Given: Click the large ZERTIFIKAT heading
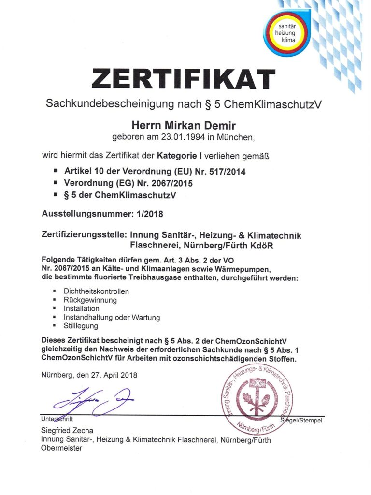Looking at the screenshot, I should (184, 79).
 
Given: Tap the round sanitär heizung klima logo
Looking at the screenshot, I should (288, 32).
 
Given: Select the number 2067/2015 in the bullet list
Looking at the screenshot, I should (170, 183).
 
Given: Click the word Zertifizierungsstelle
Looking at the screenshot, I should (85, 235).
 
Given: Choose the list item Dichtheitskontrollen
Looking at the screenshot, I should (96, 291).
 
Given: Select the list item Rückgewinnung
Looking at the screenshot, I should (90, 300).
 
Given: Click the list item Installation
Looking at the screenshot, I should (82, 308).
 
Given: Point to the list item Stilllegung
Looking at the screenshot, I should (81, 326).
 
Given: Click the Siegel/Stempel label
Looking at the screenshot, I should (301, 421).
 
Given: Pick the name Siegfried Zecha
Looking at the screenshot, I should (67, 431).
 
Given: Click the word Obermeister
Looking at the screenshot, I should (61, 448).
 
